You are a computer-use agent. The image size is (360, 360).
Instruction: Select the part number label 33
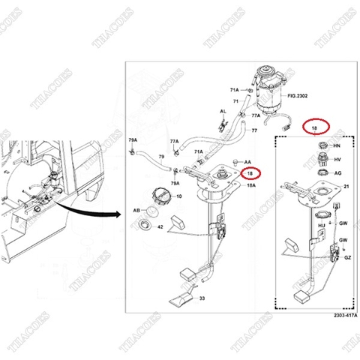(201, 298)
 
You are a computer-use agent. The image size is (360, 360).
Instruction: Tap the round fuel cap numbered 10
(161, 197)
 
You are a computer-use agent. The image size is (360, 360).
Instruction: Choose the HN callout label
(337, 145)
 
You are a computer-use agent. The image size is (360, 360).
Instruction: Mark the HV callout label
(337, 159)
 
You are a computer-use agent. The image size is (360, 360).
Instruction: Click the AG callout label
(337, 172)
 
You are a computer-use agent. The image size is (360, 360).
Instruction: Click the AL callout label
(223, 111)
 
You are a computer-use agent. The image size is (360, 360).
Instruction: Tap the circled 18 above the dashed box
(314, 129)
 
